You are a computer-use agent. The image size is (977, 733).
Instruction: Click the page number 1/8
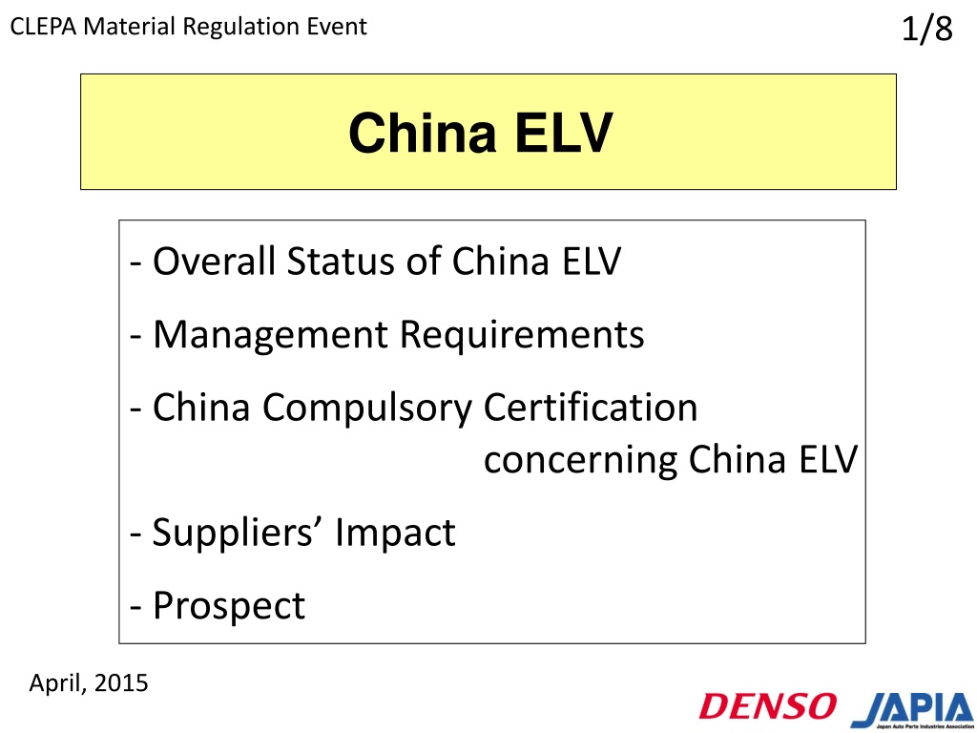(927, 29)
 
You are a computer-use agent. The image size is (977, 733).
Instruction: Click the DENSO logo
(768, 705)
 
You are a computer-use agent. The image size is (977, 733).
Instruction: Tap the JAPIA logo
(913, 709)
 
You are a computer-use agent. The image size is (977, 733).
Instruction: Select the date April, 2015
(89, 683)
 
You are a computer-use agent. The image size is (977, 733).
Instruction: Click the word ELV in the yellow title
(564, 133)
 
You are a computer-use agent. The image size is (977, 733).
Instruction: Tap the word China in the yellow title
(423, 133)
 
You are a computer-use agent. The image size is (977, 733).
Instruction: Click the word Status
(341, 261)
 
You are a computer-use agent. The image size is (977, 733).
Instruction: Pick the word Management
(270, 335)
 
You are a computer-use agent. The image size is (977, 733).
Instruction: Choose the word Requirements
(522, 335)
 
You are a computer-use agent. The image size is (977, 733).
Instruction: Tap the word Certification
(591, 407)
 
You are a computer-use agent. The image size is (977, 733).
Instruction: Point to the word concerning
(581, 461)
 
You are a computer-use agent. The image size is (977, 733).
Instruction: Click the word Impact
(395, 533)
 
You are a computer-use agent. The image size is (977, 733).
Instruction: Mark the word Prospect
(229, 606)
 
